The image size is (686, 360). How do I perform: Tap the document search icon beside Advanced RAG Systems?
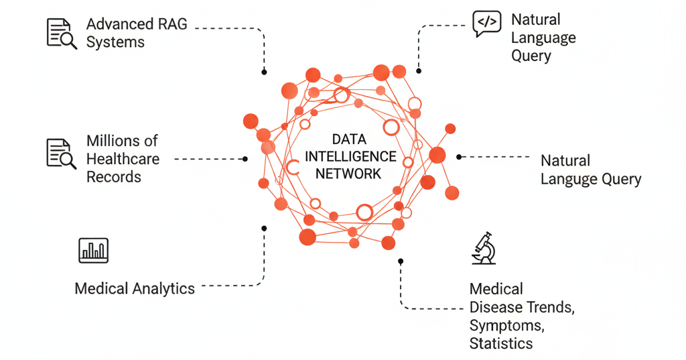click(x=61, y=33)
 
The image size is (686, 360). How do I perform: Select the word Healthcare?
click(x=123, y=159)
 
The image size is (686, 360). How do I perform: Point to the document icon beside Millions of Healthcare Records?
click(x=61, y=153)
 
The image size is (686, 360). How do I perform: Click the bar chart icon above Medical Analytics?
click(x=93, y=249)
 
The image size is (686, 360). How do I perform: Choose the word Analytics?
click(x=163, y=289)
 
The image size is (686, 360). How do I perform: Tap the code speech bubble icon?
click(x=486, y=23)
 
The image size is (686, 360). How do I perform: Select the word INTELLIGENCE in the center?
click(x=350, y=157)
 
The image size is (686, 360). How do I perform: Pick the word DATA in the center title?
click(x=349, y=139)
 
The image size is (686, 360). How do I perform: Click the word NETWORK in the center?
click(x=348, y=174)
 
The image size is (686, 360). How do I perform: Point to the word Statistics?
click(x=501, y=344)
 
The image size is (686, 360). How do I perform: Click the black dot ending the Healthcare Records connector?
click(x=245, y=159)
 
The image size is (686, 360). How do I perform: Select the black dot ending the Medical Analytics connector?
click(x=264, y=229)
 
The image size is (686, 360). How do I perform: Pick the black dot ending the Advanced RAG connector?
click(x=264, y=72)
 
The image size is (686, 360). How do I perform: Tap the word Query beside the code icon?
click(x=531, y=56)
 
